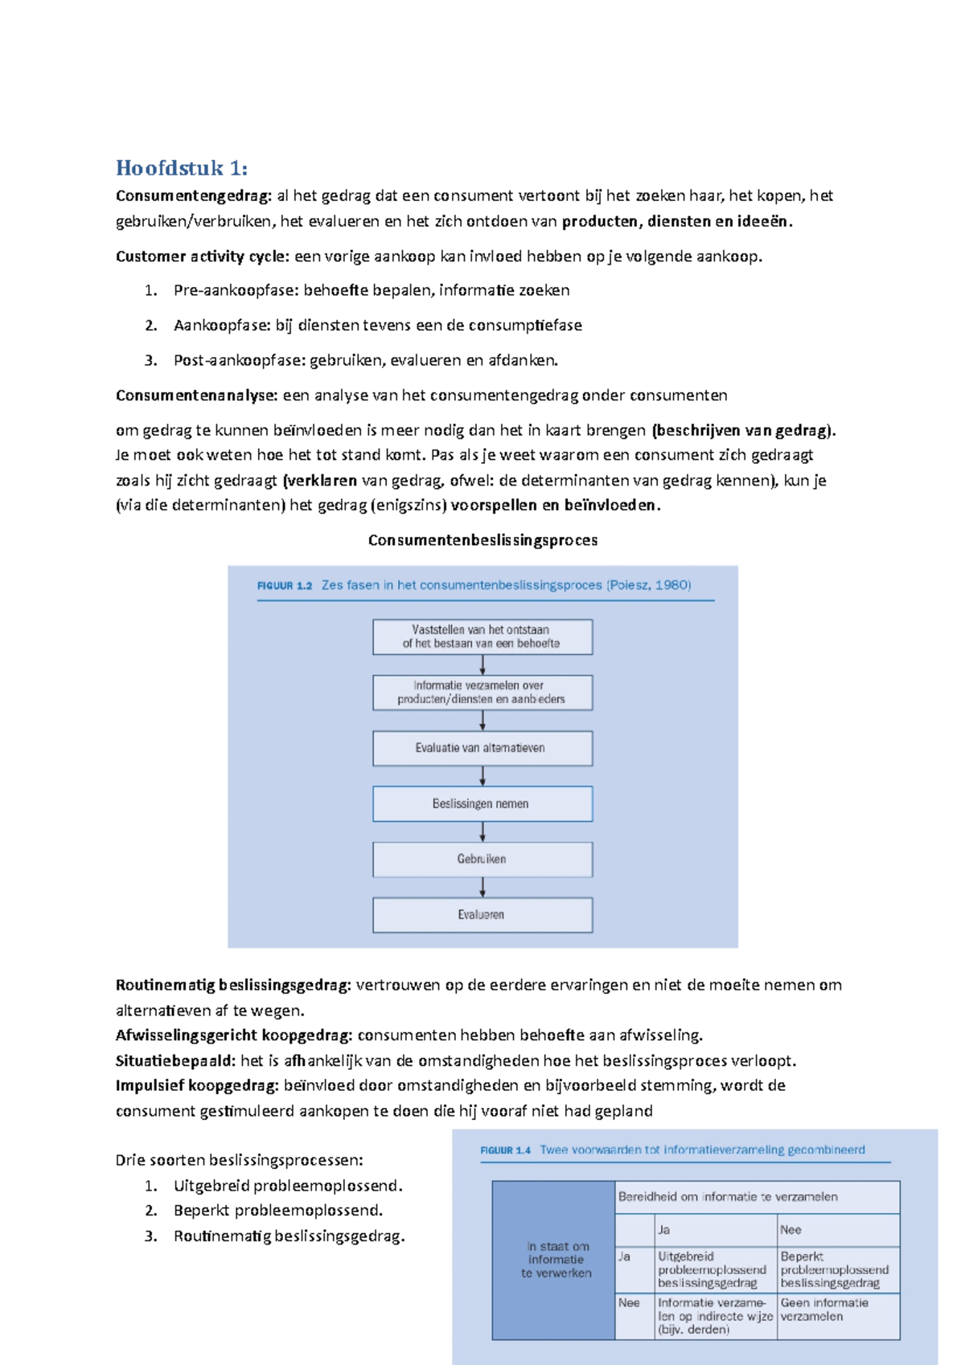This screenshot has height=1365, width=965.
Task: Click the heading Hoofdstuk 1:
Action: click(182, 168)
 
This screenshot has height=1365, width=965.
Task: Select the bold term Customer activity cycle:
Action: click(203, 256)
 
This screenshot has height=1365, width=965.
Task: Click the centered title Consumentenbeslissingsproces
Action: click(482, 540)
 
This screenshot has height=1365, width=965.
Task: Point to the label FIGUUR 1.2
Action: click(284, 586)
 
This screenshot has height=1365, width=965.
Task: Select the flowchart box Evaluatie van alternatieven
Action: click(482, 748)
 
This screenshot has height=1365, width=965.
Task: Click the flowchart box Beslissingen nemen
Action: click(482, 804)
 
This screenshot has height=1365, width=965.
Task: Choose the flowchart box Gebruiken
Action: click(482, 859)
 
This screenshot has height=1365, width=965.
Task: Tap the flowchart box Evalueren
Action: click(482, 915)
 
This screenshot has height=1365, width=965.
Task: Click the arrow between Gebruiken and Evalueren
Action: click(482, 887)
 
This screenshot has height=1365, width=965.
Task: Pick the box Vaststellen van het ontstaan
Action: click(482, 637)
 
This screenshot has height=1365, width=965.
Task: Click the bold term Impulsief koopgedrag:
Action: click(197, 1086)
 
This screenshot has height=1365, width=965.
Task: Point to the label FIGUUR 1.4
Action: click(505, 1150)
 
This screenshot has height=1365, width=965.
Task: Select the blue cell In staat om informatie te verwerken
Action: click(554, 1260)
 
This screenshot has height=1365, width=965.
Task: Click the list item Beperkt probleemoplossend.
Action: click(277, 1211)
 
